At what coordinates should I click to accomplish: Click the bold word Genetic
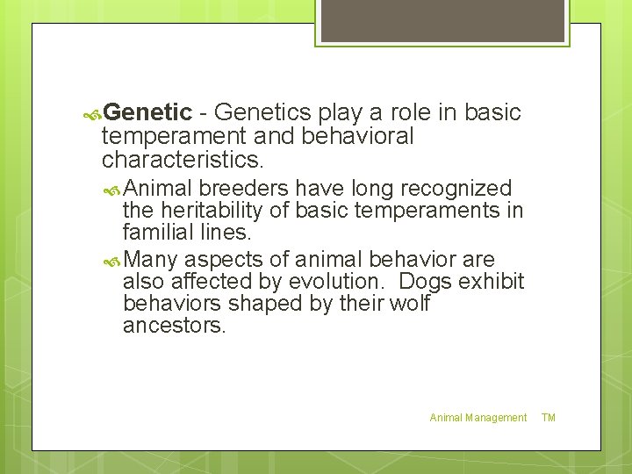(x=147, y=112)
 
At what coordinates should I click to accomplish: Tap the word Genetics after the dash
(x=262, y=112)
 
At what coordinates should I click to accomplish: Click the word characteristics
(x=182, y=160)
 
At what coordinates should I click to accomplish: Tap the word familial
(x=157, y=233)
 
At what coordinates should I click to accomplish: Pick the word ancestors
(x=175, y=327)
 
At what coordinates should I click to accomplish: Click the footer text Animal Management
(x=478, y=418)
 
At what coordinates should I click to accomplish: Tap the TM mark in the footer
(x=549, y=418)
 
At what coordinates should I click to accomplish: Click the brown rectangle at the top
(x=442, y=20)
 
